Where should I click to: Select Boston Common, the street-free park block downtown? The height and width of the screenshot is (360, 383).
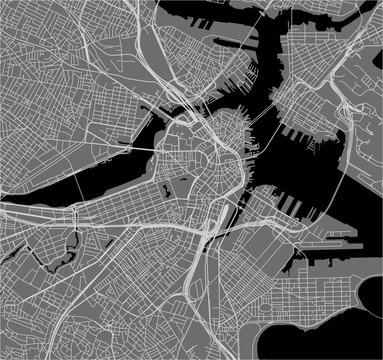click(184, 185)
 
